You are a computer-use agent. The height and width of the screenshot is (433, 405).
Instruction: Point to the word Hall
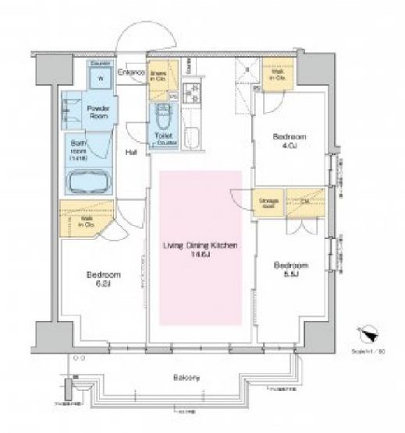point(132,153)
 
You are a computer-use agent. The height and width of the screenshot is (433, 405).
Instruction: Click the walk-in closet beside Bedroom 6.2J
point(87,217)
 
